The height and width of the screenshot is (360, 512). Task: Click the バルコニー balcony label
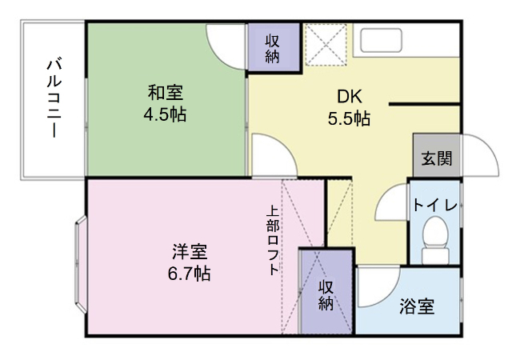(x=54, y=98)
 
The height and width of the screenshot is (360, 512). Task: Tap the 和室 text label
(x=164, y=91)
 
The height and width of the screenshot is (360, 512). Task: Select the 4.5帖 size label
(x=164, y=114)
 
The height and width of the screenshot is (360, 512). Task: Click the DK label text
(x=348, y=96)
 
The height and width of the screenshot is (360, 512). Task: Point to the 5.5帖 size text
(x=348, y=118)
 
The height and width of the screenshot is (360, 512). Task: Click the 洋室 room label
(x=190, y=251)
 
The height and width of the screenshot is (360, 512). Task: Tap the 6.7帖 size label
(x=190, y=274)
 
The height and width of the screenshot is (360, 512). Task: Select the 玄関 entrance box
(x=436, y=158)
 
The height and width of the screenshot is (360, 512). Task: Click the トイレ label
(x=434, y=205)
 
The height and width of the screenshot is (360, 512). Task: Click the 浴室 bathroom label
(x=417, y=306)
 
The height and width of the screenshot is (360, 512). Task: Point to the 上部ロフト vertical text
(x=273, y=241)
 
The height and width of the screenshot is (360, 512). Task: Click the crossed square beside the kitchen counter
(x=325, y=44)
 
